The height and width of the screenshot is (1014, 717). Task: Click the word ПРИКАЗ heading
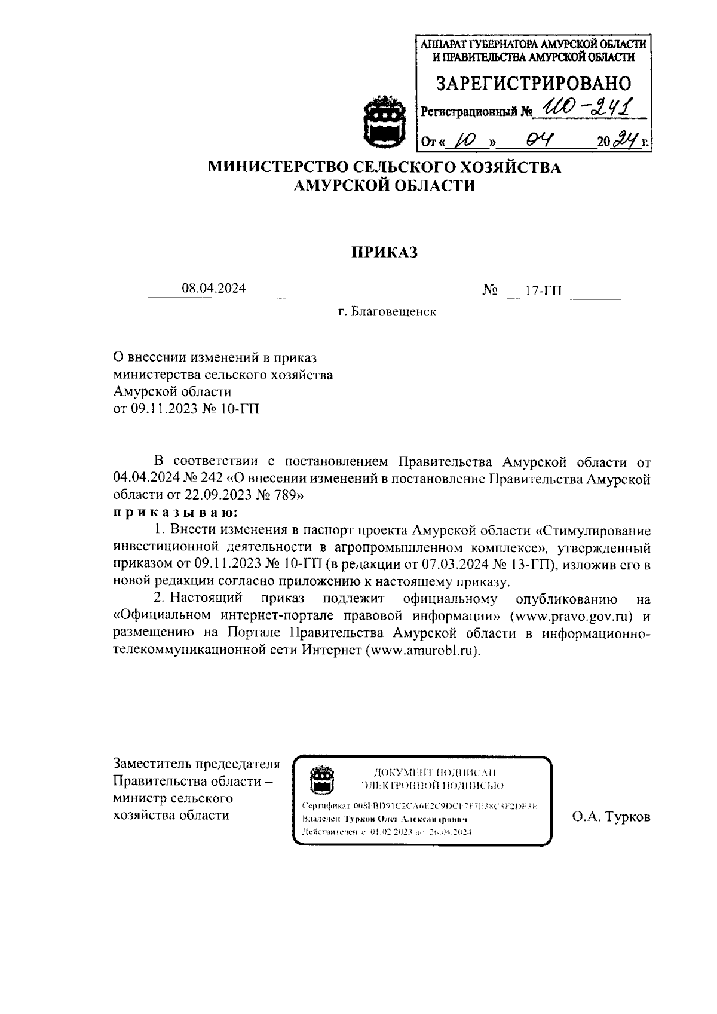tap(383, 252)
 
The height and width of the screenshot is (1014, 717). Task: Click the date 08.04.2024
tap(214, 289)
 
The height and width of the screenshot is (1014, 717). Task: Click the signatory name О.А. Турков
tap(611, 817)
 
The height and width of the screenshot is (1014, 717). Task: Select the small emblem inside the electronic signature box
tap(321, 779)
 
